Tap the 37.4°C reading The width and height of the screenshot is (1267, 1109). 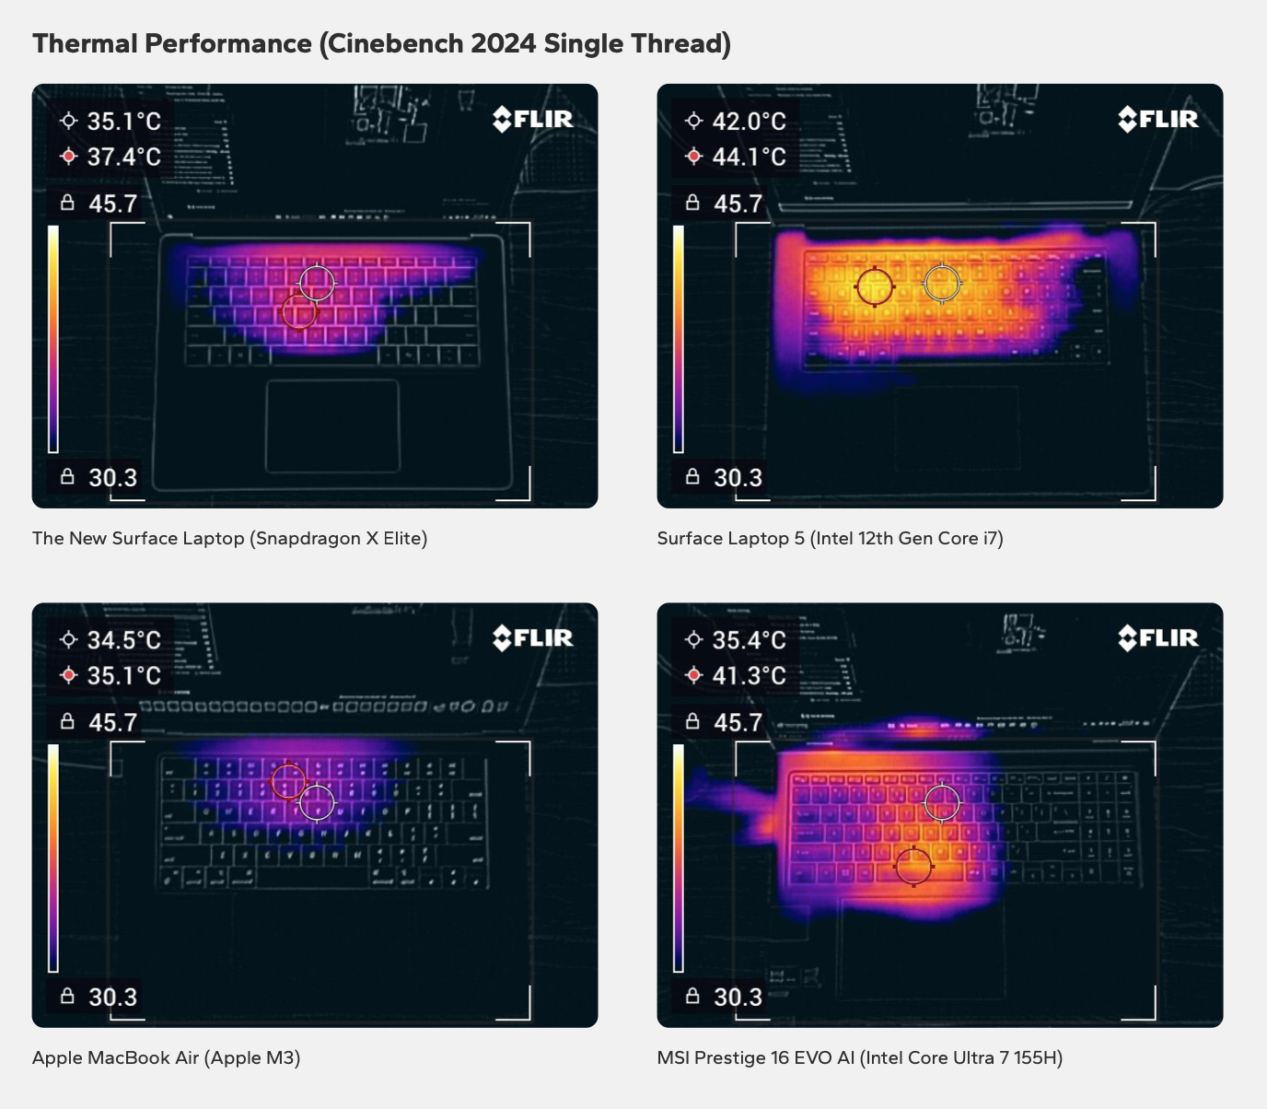tap(123, 158)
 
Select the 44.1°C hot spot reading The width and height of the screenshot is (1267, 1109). tap(749, 158)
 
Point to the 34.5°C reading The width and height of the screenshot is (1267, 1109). tap(123, 640)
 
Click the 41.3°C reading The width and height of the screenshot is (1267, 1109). tap(749, 676)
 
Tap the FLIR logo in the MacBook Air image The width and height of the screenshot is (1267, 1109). tap(533, 637)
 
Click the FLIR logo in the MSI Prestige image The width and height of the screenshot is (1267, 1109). tap(1158, 637)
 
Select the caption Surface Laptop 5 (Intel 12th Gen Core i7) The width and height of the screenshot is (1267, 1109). tap(830, 539)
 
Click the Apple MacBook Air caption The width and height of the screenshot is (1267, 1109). tap(166, 1057)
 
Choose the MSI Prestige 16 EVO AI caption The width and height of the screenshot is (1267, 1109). tap(859, 1057)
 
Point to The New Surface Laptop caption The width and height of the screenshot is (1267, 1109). tap(229, 539)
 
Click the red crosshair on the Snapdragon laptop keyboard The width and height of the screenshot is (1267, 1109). tap(299, 312)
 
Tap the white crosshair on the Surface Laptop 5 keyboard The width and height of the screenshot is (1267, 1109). tap(942, 283)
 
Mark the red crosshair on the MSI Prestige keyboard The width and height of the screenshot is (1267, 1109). tap(913, 866)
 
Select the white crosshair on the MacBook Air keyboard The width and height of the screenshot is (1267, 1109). tap(318, 802)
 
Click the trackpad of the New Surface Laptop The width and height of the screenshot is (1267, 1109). tap(332, 425)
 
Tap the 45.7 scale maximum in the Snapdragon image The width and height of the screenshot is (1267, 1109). tap(112, 204)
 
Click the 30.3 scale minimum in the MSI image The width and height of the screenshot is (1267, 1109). tap(738, 998)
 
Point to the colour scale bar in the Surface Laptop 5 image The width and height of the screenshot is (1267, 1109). tap(679, 339)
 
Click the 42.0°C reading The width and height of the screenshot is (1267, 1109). tap(749, 122)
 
